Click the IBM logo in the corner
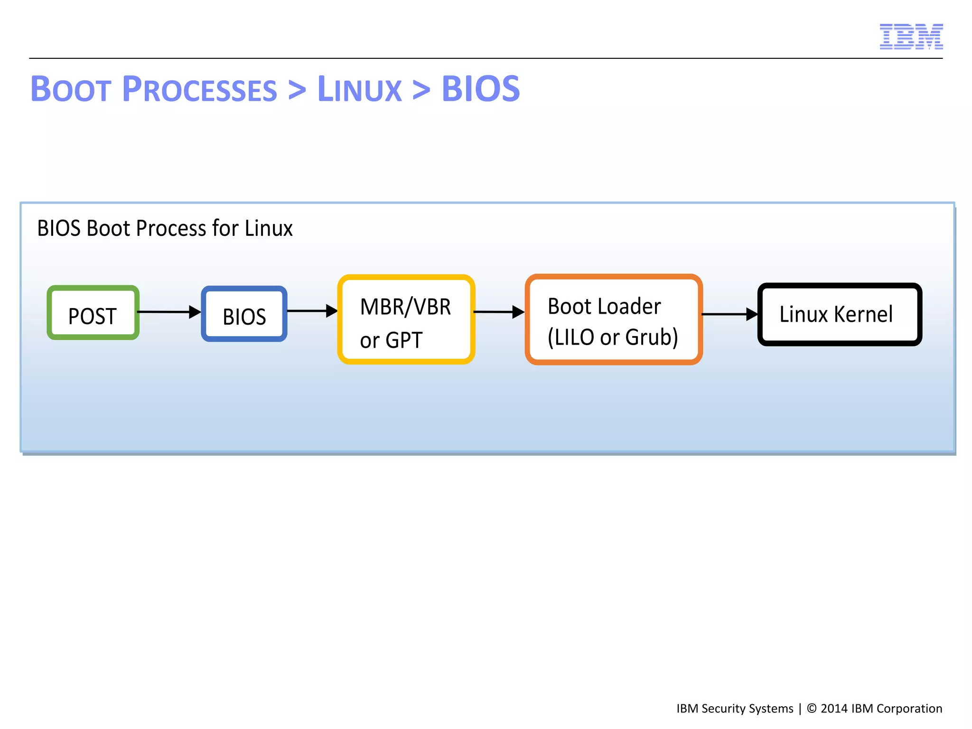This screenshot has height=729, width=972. pyautogui.click(x=911, y=37)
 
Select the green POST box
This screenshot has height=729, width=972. pyautogui.click(x=93, y=313)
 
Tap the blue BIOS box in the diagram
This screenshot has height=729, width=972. pyautogui.click(x=244, y=314)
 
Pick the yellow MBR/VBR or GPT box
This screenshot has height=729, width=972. pyautogui.click(x=406, y=319)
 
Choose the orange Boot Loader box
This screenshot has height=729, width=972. pyautogui.click(x=614, y=319)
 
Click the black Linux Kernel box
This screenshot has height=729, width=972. pyautogui.click(x=840, y=314)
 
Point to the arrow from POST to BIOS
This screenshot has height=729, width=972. pyautogui.click(x=169, y=312)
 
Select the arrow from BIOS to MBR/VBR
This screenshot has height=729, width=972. pyautogui.click(x=312, y=311)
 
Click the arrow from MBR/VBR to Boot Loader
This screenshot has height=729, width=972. pyautogui.click(x=499, y=312)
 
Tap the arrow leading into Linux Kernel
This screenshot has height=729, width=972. pyautogui.click(x=729, y=314)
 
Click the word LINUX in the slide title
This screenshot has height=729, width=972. pyautogui.click(x=359, y=89)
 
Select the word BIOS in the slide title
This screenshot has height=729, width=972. pyautogui.click(x=480, y=89)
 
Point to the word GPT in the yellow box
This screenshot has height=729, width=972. pyautogui.click(x=404, y=340)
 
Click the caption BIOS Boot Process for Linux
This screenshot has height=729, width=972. pyautogui.click(x=165, y=228)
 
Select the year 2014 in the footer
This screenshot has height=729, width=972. pyautogui.click(x=834, y=709)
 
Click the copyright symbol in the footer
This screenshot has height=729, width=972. pyautogui.click(x=812, y=709)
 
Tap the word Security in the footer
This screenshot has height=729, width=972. pyautogui.click(x=723, y=709)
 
